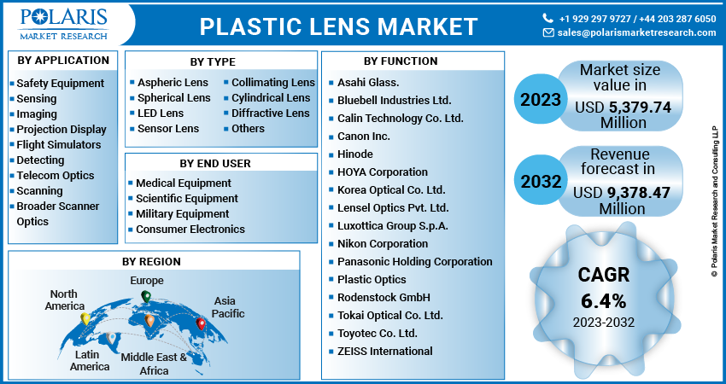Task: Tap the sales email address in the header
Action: coord(636,32)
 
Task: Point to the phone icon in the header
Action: coord(548,18)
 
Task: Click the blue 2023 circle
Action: coord(540,99)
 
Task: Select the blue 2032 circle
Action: coord(540,181)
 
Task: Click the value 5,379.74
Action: coord(635,108)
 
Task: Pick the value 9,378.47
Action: coord(635,194)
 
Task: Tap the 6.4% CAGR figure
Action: coord(604,300)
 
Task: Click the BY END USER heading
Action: coord(215,163)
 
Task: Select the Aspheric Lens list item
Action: coord(173,83)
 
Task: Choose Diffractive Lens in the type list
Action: coord(270,113)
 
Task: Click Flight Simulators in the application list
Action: coord(59,145)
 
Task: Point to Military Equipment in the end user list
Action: coord(183,214)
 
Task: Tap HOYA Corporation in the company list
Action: coord(382,172)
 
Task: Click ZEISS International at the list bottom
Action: coord(385,351)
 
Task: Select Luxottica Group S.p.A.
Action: coord(393,226)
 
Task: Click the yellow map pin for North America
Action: coord(85,319)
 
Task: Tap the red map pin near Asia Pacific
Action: coord(202,324)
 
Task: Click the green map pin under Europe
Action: coord(145,297)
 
